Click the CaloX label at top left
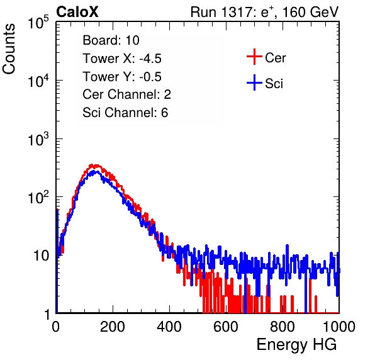77,12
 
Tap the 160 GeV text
311,12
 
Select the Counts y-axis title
9,49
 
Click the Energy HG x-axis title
296,345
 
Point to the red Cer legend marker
254,57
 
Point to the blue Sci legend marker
254,83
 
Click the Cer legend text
275,58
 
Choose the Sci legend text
274,84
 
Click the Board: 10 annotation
111,40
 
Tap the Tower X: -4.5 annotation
122,59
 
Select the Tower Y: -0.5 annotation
122,77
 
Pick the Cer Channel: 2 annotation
126,94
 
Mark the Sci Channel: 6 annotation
125,113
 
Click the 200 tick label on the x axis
113,327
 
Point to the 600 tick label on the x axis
226,327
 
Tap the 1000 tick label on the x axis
339,327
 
